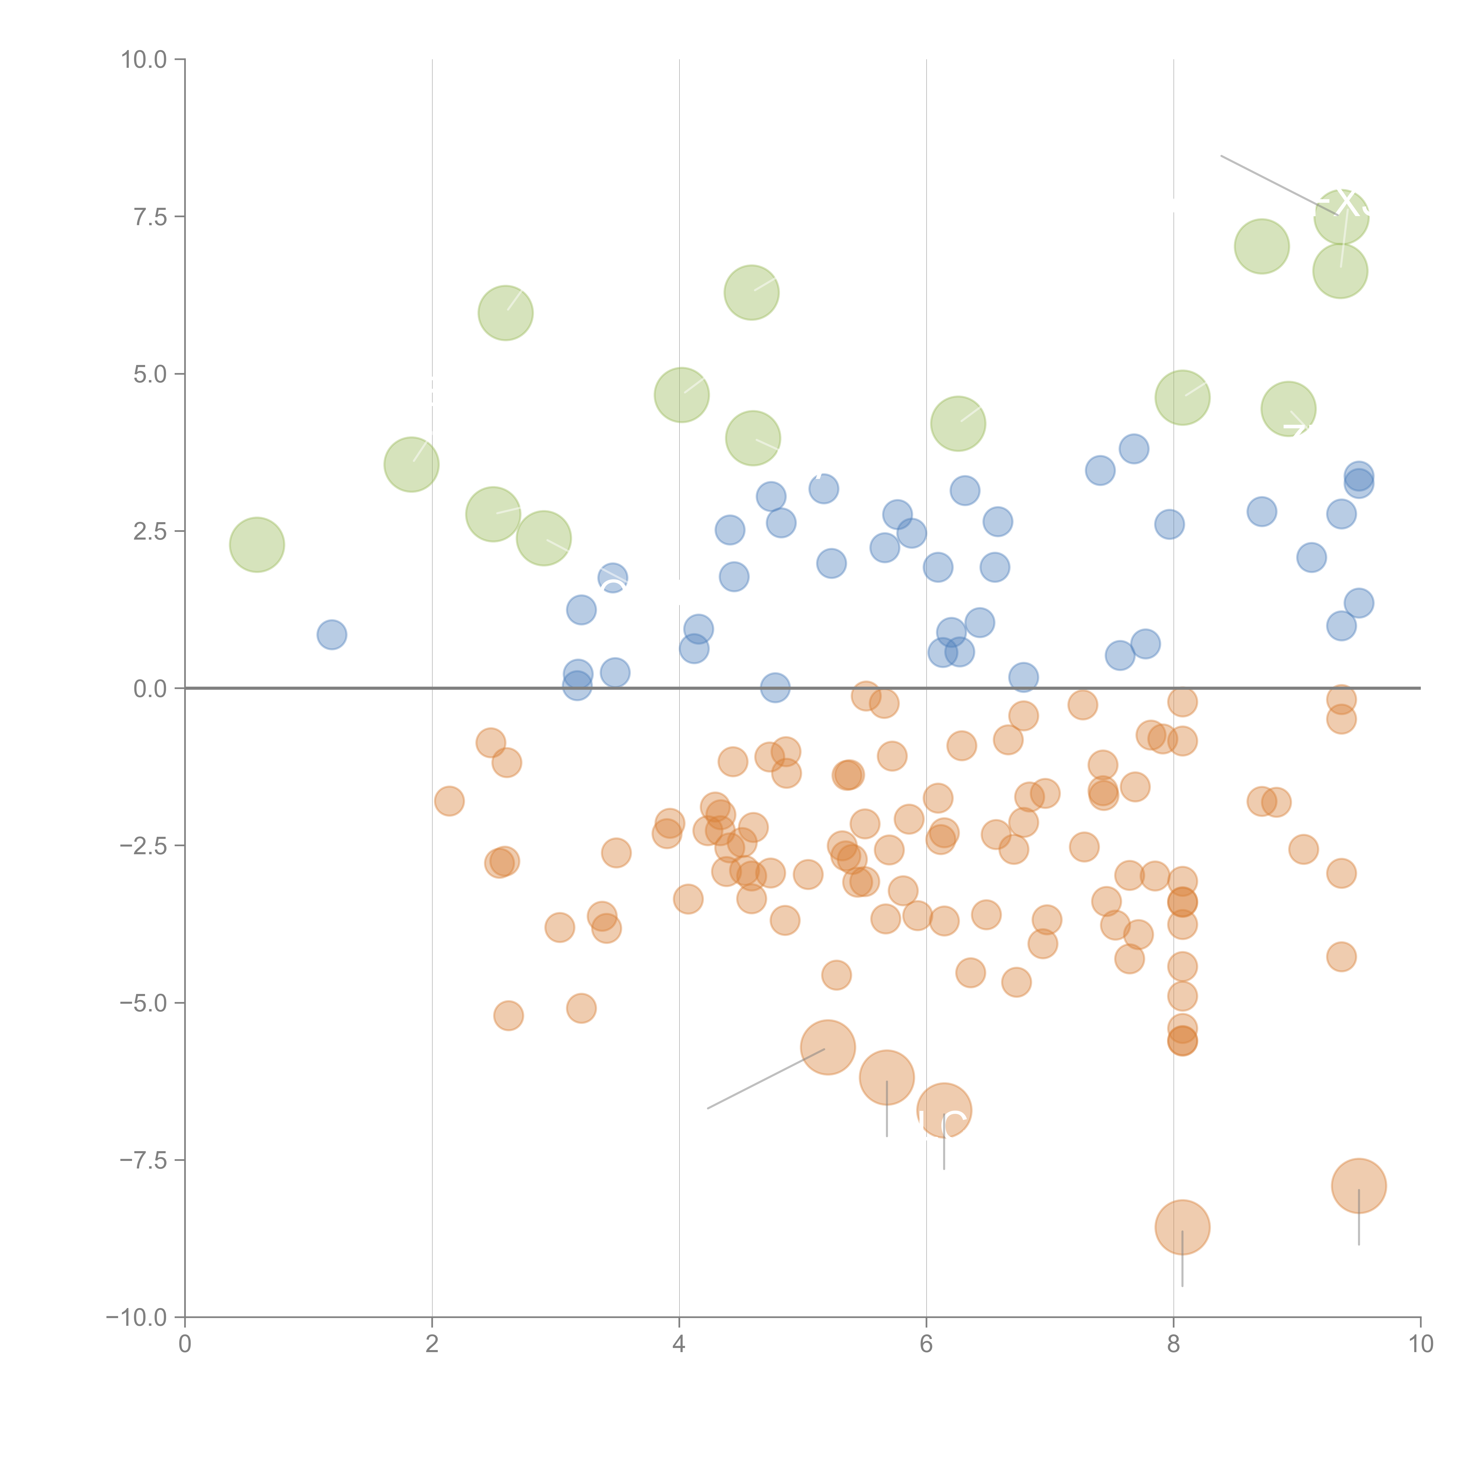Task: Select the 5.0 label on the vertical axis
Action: (150, 375)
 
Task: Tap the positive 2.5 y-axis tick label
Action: (150, 532)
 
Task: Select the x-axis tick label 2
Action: (432, 1345)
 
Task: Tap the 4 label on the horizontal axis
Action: (680, 1345)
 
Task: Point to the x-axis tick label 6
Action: (926, 1345)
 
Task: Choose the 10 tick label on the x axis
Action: (1420, 1345)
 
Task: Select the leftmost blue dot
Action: (332, 634)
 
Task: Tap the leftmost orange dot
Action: (449, 801)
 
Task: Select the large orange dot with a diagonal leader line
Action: (827, 1047)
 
